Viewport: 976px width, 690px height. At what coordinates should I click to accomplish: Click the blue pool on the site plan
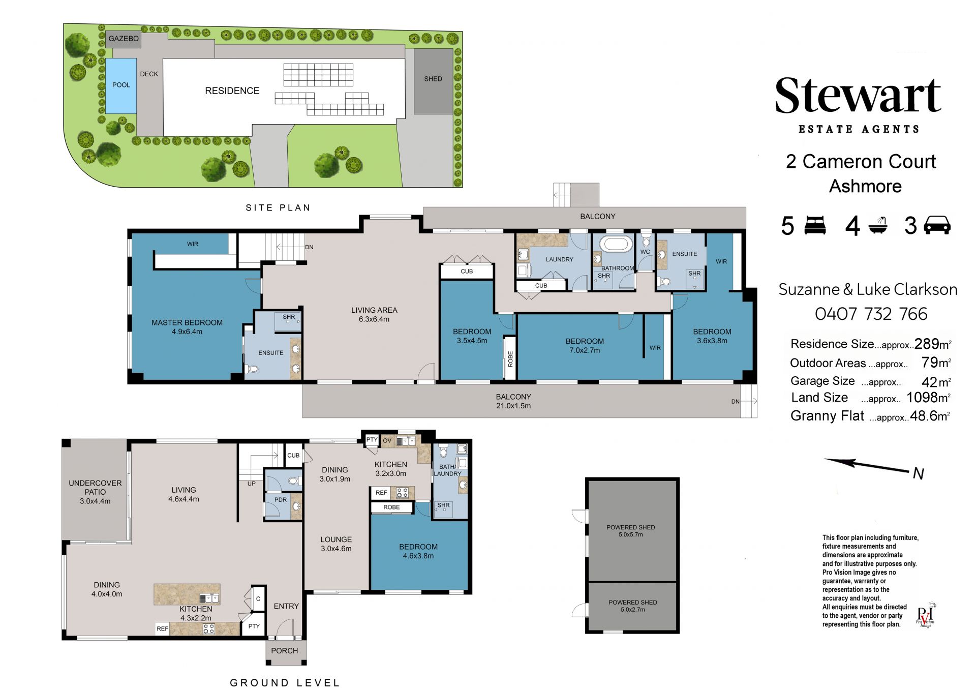[x=121, y=85]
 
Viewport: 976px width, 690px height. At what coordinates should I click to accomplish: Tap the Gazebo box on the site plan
[x=124, y=39]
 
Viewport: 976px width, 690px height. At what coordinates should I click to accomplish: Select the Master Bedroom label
[x=187, y=327]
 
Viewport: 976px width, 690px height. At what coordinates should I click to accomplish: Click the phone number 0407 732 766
[x=871, y=314]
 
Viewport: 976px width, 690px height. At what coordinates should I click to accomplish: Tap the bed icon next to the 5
[x=815, y=225]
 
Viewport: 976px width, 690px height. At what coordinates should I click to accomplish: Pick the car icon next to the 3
[x=937, y=225]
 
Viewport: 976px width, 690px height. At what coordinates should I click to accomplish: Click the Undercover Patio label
[x=95, y=492]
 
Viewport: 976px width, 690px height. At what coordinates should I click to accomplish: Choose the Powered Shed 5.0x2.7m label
[x=633, y=606]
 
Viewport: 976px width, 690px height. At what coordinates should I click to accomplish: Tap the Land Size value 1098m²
[x=928, y=397]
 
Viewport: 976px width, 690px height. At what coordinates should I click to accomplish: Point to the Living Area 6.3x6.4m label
[x=374, y=315]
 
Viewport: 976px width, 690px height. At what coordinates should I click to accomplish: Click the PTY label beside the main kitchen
[x=254, y=626]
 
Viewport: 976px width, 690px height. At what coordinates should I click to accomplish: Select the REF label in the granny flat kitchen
[x=381, y=493]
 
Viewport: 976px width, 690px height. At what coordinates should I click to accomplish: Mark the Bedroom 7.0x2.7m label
[x=585, y=346]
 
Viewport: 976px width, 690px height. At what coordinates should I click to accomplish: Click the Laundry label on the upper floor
[x=559, y=259]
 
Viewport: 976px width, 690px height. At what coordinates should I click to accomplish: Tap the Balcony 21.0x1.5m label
[x=513, y=401]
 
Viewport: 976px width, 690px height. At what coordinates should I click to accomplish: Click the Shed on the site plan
[x=433, y=81]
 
